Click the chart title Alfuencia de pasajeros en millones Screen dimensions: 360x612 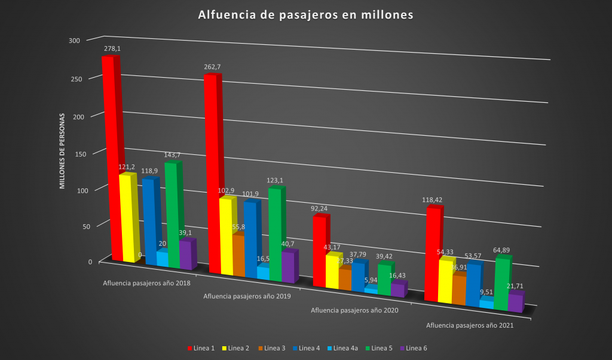point(305,15)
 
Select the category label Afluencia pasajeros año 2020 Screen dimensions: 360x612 point(354,310)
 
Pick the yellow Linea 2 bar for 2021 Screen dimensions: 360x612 point(445,281)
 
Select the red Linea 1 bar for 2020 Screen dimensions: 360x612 point(320,251)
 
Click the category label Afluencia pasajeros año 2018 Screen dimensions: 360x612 point(146,283)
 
